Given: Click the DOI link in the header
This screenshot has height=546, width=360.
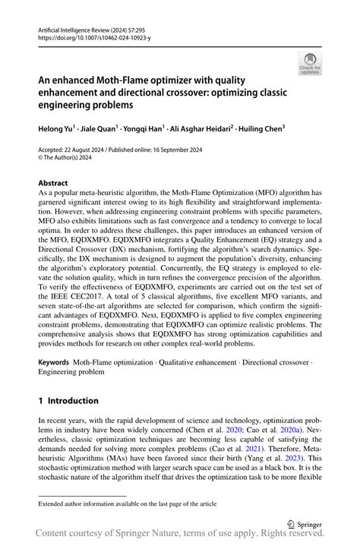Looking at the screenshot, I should coord(84,35).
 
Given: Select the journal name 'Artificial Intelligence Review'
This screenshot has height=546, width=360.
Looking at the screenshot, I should coord(79,27).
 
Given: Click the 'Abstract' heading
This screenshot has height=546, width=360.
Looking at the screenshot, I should coord(55,183).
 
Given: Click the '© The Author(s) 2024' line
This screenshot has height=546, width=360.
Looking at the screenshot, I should coord(69,159).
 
